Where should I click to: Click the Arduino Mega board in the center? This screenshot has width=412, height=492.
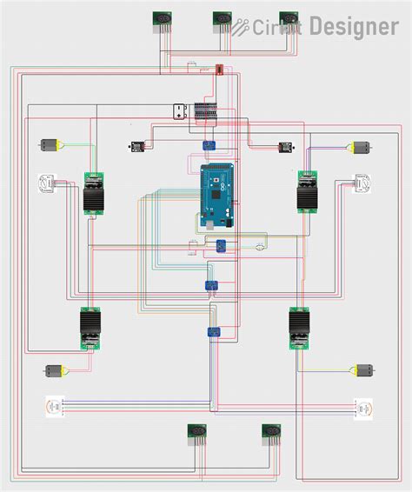[x=218, y=196]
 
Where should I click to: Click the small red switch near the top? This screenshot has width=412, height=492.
[x=219, y=69]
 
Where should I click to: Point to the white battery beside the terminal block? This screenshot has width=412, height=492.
[x=179, y=111]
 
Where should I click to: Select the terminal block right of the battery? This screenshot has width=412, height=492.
[x=206, y=111]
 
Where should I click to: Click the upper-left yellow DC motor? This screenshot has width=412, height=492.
[x=50, y=145]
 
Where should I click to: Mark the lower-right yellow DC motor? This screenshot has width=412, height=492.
[x=362, y=371]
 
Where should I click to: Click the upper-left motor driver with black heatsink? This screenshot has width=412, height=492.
[x=94, y=194]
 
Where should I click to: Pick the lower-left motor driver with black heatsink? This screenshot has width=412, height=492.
[x=91, y=329]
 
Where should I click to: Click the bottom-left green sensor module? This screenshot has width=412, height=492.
[x=196, y=434]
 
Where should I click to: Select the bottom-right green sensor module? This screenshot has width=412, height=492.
[x=271, y=434]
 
